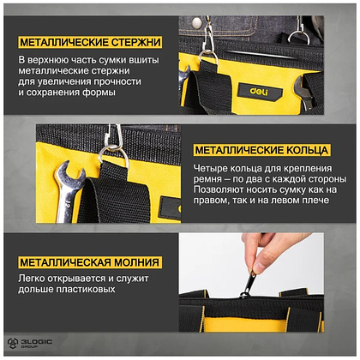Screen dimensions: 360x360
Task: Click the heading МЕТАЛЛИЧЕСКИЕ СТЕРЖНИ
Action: click(x=90, y=43)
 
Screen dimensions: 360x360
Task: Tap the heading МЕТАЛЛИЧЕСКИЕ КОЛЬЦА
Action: click(x=261, y=150)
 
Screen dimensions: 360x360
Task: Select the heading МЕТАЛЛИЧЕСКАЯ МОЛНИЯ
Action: click(x=89, y=262)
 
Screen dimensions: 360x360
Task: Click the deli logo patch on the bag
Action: click(x=260, y=92)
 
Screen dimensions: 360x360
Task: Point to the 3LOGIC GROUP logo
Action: click(x=30, y=343)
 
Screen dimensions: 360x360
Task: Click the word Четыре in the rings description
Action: click(x=210, y=168)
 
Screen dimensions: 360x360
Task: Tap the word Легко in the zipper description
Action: click(x=32, y=278)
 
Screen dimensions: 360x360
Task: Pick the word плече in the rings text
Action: click(x=316, y=200)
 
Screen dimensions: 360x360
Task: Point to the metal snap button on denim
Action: click(x=196, y=21)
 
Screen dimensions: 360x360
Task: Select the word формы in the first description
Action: click(x=99, y=93)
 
